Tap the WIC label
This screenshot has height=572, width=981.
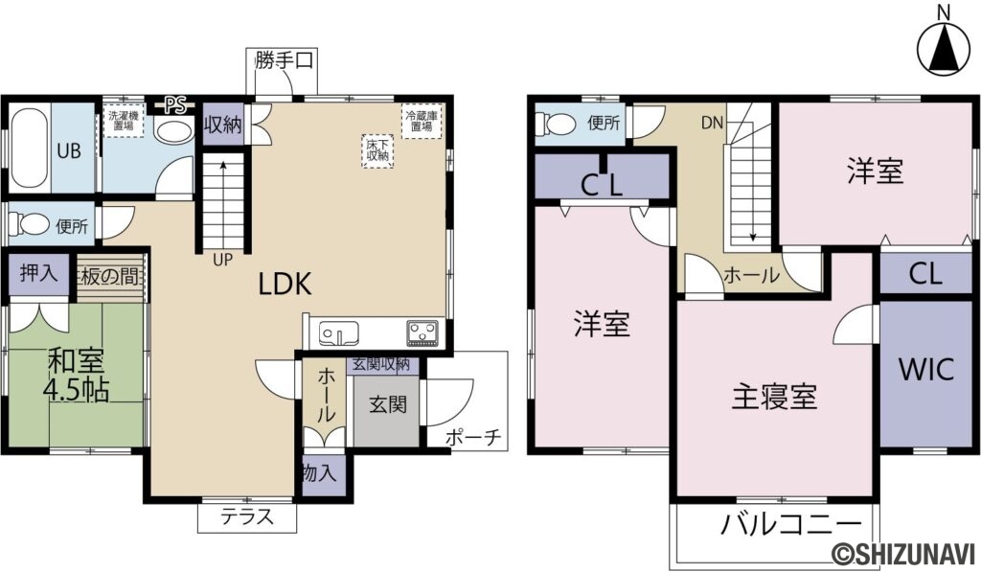pos(925,370)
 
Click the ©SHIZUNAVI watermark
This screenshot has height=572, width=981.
pos(901,555)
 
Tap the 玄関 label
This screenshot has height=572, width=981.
pos(388,403)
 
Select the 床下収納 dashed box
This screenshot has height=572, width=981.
pos(376,149)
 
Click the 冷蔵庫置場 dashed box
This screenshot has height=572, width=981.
pos(422,120)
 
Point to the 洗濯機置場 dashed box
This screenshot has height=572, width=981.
pos(123,122)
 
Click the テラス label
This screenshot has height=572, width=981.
pos(247,517)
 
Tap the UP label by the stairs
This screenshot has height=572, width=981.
pos(221,259)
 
